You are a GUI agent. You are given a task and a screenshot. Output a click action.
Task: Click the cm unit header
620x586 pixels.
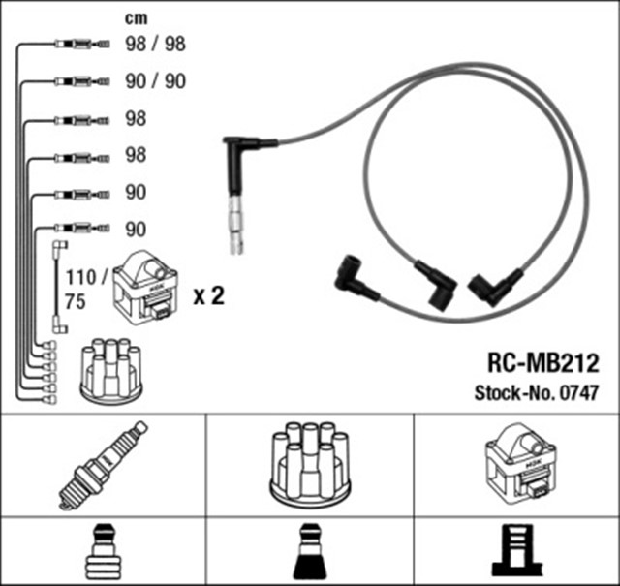coord(138,16)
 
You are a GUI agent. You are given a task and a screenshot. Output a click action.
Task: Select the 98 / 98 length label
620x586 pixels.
coord(155,44)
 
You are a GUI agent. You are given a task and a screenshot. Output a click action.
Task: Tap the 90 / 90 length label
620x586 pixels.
coord(155,81)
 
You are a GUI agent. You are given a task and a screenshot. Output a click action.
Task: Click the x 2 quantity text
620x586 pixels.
coord(209,296)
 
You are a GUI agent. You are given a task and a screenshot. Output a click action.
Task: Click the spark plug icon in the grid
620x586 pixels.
coord(103,465)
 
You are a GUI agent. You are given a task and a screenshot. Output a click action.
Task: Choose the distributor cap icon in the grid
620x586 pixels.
coord(309,466)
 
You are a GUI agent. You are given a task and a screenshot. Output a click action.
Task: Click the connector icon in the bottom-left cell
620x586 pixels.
coord(103,552)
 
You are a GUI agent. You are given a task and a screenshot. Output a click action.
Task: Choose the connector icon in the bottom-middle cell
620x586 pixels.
coord(309,552)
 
